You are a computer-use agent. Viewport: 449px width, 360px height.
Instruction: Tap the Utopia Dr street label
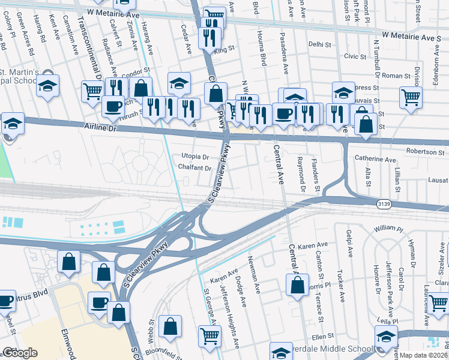[195, 157]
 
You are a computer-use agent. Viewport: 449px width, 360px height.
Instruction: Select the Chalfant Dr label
[194, 168]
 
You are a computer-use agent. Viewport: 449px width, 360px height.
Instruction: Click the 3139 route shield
[385, 205]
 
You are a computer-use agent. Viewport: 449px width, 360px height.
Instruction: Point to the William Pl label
[387, 229]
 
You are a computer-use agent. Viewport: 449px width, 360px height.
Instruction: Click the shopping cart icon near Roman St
[411, 97]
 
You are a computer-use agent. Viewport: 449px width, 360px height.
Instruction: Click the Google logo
[20, 353]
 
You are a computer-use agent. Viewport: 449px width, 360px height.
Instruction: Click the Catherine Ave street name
[375, 160]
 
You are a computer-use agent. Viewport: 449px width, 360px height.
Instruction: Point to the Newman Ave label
[255, 277]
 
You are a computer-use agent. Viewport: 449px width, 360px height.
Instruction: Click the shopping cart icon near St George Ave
[208, 336]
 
